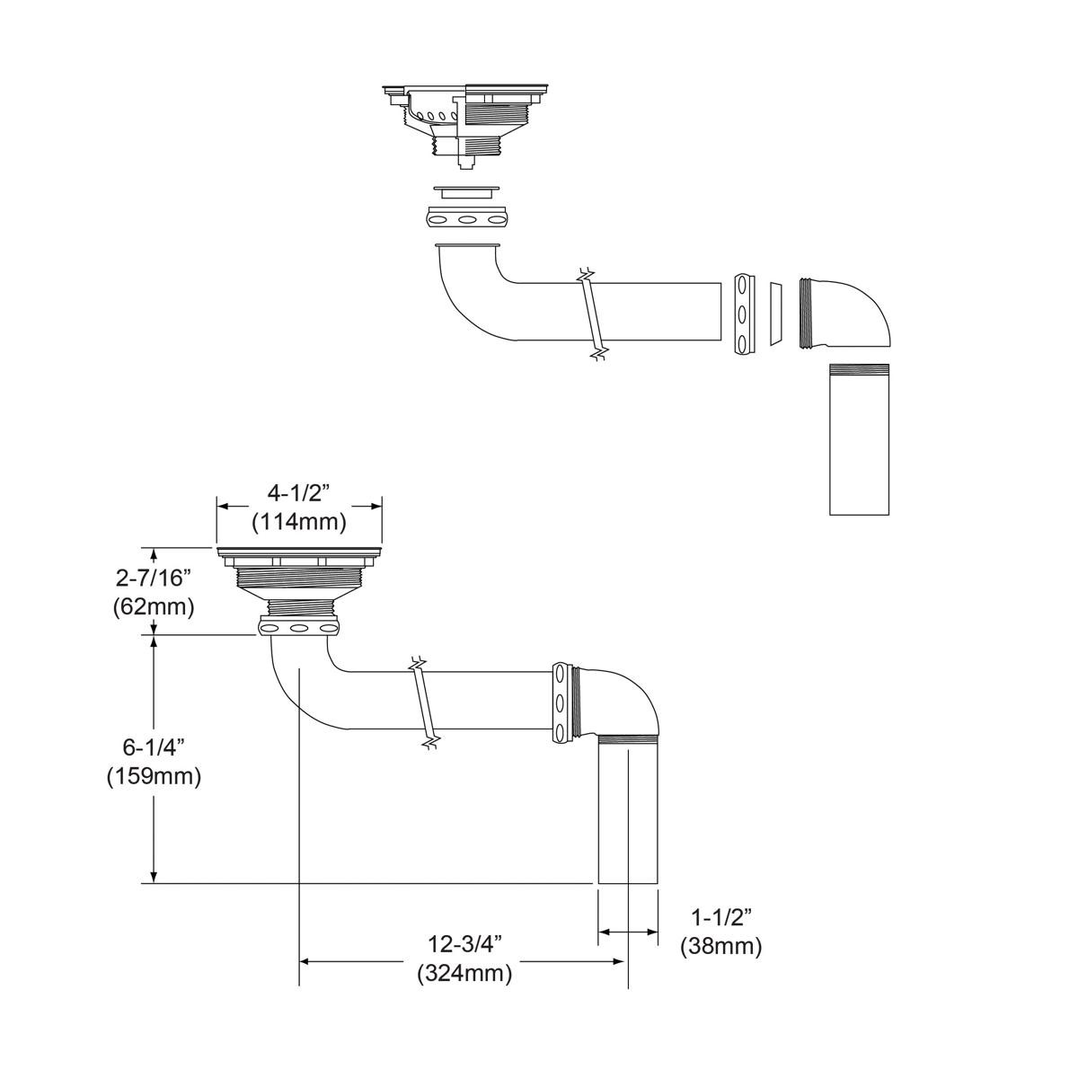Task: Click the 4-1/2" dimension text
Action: pos(298,493)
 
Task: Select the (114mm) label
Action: pos(298,521)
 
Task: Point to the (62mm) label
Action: pos(154,606)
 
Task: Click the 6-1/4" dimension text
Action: pos(154,747)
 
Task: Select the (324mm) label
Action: pos(464,973)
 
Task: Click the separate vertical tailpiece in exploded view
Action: pos(859,440)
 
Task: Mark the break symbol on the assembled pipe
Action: pos(424,701)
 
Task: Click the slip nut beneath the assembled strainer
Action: pos(300,626)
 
